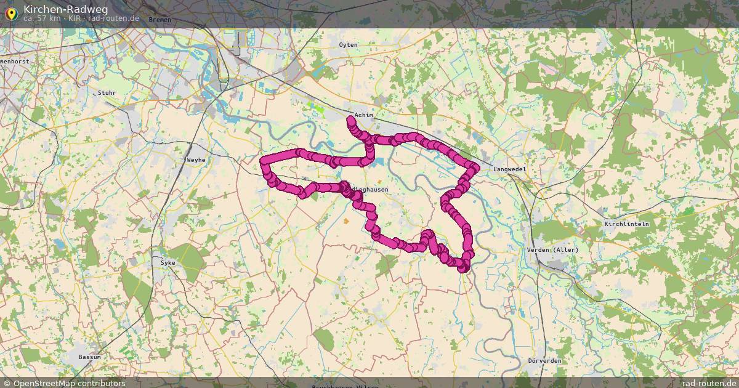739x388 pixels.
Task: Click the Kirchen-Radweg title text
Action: (65, 9)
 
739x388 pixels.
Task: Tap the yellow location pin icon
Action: (10, 12)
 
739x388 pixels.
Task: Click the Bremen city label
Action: (160, 20)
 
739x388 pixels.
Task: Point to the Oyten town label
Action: (348, 45)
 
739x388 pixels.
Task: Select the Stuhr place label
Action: (107, 93)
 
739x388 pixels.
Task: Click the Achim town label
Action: (364, 115)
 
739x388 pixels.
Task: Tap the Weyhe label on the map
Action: (196, 160)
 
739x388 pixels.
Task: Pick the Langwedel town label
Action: (508, 169)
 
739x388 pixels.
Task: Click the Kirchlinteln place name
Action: (627, 224)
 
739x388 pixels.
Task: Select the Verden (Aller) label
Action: (552, 249)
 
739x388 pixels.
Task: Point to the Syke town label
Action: (168, 263)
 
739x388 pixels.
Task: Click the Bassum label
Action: (89, 357)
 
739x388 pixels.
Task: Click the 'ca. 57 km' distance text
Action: (42, 18)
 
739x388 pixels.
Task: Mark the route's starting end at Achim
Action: (350, 118)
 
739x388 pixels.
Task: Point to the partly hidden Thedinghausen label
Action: (372, 190)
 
